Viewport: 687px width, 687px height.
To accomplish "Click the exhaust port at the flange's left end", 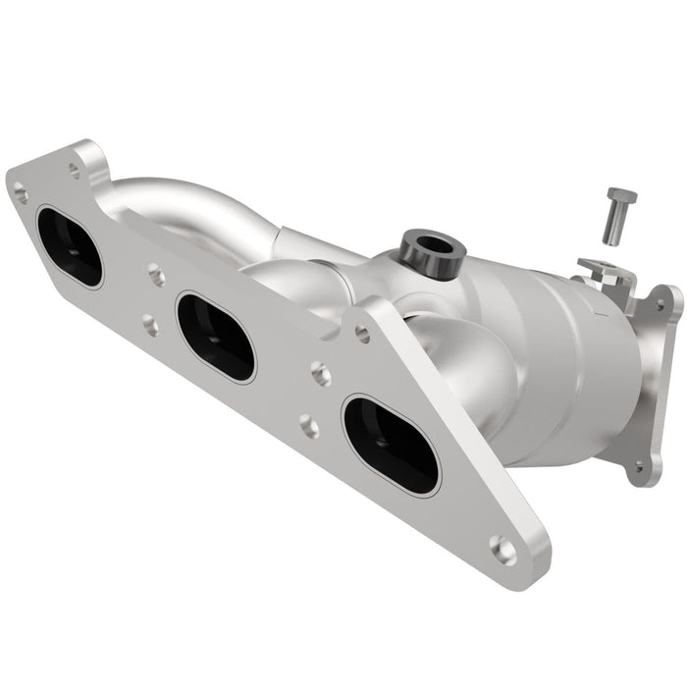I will pyautogui.click(x=69, y=245).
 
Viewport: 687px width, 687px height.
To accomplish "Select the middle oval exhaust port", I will pyautogui.click(x=215, y=337).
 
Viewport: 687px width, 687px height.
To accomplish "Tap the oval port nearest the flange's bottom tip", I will pyautogui.click(x=390, y=445).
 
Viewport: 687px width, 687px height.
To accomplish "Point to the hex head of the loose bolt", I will pyautogui.click(x=621, y=195).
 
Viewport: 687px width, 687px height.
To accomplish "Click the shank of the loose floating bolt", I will pyautogui.click(x=612, y=226).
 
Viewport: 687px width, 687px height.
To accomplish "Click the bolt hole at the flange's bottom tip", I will pyautogui.click(x=502, y=550).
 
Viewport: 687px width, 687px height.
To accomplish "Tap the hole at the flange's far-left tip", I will pyautogui.click(x=20, y=194).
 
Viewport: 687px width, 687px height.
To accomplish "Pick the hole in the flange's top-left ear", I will pyautogui.click(x=74, y=168).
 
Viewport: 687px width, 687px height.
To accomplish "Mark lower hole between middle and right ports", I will pyautogui.click(x=307, y=425).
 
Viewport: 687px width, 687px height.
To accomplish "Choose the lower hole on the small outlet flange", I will pyautogui.click(x=639, y=468).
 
